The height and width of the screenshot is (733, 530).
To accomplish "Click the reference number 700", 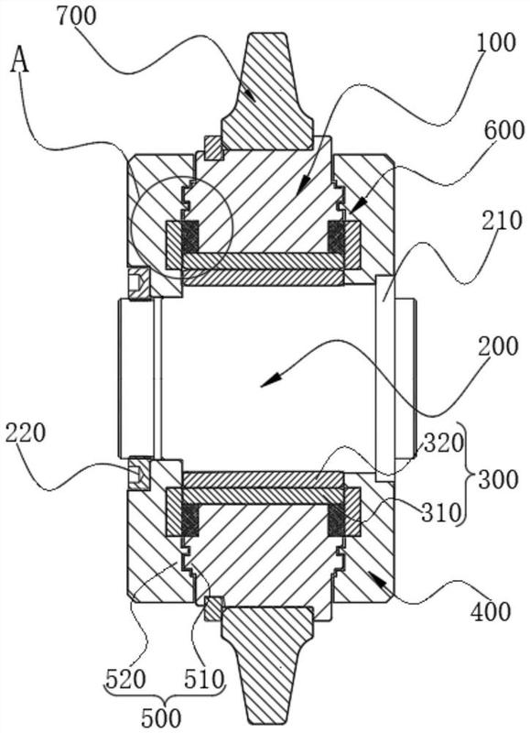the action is (x=76, y=16).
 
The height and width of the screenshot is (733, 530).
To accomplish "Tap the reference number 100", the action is (x=496, y=42).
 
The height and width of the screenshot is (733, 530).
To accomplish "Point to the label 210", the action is (x=501, y=220).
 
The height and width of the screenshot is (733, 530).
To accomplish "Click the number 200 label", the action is (x=498, y=346).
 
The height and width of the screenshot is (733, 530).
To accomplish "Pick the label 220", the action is (x=26, y=432).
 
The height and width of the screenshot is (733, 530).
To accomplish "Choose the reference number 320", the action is (x=444, y=443).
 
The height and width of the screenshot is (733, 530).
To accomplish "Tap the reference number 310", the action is (x=441, y=513).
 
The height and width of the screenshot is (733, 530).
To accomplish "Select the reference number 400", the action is (x=491, y=611).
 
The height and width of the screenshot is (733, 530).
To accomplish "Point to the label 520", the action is (x=125, y=680).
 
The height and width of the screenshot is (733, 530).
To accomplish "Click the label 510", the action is (x=204, y=680).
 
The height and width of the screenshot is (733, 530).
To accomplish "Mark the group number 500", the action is (x=161, y=717).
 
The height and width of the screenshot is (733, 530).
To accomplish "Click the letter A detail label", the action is (x=20, y=60).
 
